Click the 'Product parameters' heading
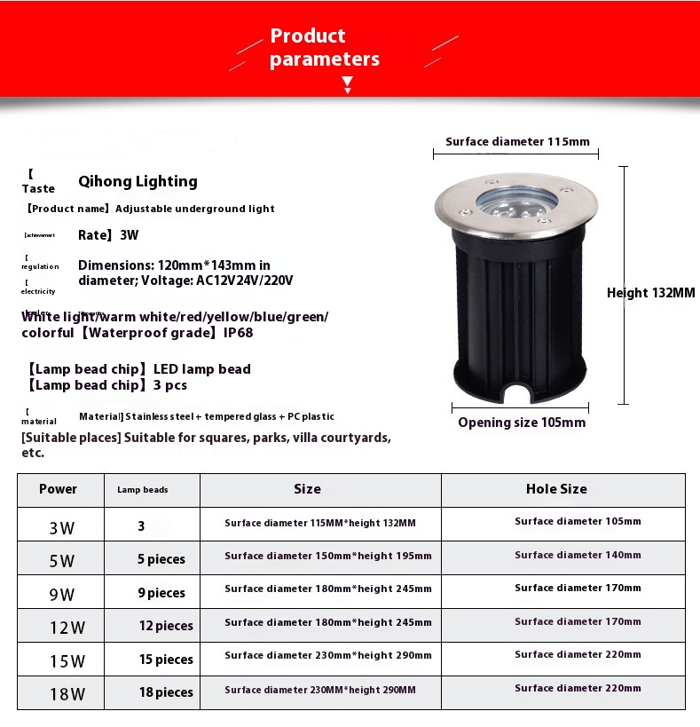click(x=324, y=48)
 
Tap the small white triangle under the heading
click(x=348, y=86)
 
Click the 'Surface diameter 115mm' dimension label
click(x=517, y=142)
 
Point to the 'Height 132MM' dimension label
click(x=650, y=293)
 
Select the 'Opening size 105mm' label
click(x=522, y=423)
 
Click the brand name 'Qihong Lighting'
click(x=138, y=181)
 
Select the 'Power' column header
click(x=59, y=489)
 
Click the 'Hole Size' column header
click(x=556, y=489)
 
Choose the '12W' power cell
click(x=67, y=628)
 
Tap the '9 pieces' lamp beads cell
click(x=161, y=593)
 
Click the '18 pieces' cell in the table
click(x=166, y=692)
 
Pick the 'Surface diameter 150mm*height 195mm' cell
click(x=328, y=556)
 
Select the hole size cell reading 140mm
click(x=578, y=555)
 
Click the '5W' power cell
click(x=62, y=561)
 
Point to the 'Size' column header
click(x=307, y=489)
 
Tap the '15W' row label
click(x=67, y=661)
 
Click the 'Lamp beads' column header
click(x=142, y=490)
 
